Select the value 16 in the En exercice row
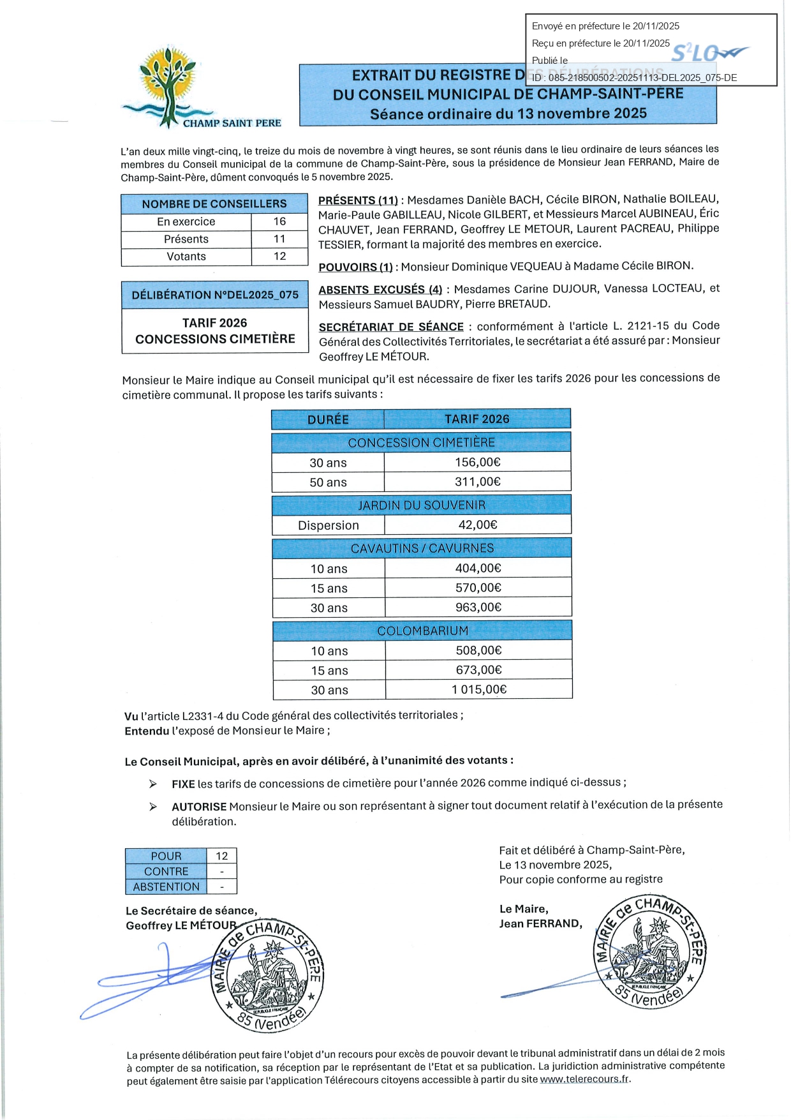pyautogui.click(x=279, y=221)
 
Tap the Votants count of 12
pyautogui.click(x=279, y=256)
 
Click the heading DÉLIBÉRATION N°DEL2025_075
pyautogui.click(x=215, y=295)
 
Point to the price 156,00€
pyautogui.click(x=477, y=462)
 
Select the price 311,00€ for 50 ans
pyautogui.click(x=477, y=482)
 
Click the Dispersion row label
pyautogui.click(x=328, y=525)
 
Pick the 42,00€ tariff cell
pyautogui.click(x=477, y=525)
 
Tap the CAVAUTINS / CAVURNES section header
pyautogui.click(x=422, y=548)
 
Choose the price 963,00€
pyautogui.click(x=478, y=607)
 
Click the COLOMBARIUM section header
pyautogui.click(x=422, y=631)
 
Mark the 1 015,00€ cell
pyautogui.click(x=478, y=689)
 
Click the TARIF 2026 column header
pyautogui.click(x=477, y=419)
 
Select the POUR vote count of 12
pyautogui.click(x=221, y=856)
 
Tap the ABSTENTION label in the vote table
pyautogui.click(x=166, y=886)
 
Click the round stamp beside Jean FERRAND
pyautogui.click(x=649, y=952)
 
